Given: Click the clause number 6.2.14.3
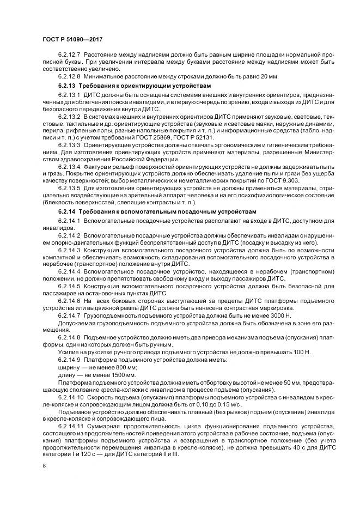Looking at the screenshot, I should click(69, 250).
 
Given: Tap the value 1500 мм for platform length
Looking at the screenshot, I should click(124, 376).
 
